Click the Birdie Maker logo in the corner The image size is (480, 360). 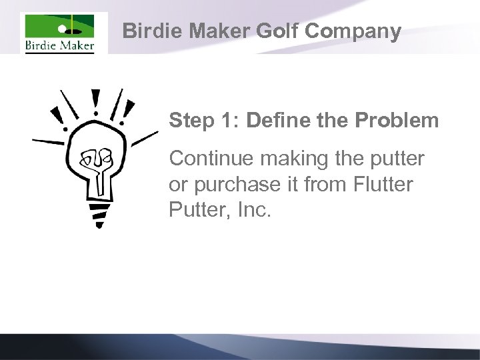[59, 33]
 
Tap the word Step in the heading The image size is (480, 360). [190, 121]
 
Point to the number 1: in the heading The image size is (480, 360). [230, 121]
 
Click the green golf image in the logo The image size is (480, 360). [59, 28]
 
